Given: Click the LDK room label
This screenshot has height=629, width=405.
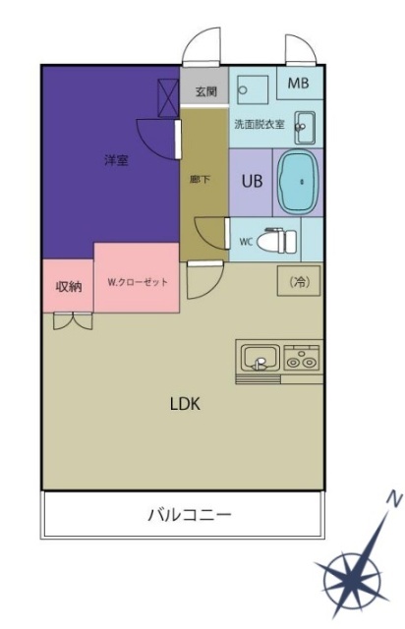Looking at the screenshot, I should click(x=185, y=404).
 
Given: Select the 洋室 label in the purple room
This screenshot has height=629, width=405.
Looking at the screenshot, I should click(x=116, y=160).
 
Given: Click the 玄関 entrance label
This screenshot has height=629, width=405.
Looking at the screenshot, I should click(x=204, y=92).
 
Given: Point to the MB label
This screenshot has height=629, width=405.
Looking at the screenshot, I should click(x=298, y=84).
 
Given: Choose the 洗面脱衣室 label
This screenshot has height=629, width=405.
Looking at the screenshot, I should click(x=260, y=125).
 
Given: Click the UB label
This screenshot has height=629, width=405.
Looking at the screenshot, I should click(x=251, y=181).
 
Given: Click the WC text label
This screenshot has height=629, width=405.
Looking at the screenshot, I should click(x=246, y=240).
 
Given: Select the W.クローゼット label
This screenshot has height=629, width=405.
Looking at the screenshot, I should click(x=138, y=282).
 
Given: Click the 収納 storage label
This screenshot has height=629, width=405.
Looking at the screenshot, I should click(x=68, y=286).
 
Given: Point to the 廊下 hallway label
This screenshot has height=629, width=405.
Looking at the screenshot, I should click(x=198, y=179).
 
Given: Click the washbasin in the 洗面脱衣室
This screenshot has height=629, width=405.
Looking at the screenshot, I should click(x=304, y=125).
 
